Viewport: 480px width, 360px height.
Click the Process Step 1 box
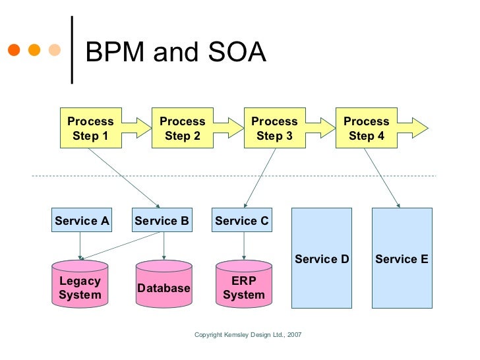pyautogui.click(x=90, y=129)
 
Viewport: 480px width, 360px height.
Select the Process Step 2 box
pyautogui.click(x=183, y=129)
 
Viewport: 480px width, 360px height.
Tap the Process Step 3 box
pyautogui.click(x=274, y=129)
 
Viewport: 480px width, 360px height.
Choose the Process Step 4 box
pyautogui.click(x=367, y=129)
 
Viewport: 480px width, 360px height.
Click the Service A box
pyautogui.click(x=82, y=221)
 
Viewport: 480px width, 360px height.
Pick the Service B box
pyautogui.click(x=162, y=221)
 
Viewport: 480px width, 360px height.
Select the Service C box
pyautogui.click(x=242, y=221)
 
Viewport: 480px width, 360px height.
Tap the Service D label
pyautogui.click(x=322, y=259)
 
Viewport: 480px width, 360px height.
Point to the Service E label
pyautogui.click(x=402, y=259)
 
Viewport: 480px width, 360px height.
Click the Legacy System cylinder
pyautogui.click(x=80, y=288)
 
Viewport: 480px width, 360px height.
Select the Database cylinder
pyautogui.click(x=164, y=288)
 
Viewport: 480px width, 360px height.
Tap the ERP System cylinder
pyautogui.click(x=243, y=288)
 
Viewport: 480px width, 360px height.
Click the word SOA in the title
pyautogui.click(x=235, y=53)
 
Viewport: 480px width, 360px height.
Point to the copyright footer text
pyautogui.click(x=248, y=335)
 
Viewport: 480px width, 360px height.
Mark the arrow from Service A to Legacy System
pyautogui.click(x=80, y=246)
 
